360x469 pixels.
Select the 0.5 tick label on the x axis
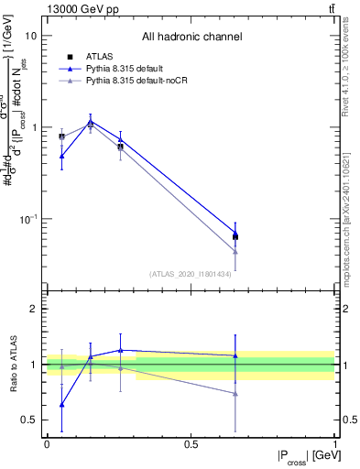[x=191, y=444]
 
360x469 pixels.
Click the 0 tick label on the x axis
[x=47, y=444]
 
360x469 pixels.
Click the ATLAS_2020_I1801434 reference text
[x=191, y=274]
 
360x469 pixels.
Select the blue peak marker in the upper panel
[x=90, y=121]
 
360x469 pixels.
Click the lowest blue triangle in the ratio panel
[x=61, y=404]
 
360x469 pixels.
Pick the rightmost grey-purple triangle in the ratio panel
[x=235, y=393]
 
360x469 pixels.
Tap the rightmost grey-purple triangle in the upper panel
[x=235, y=250]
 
